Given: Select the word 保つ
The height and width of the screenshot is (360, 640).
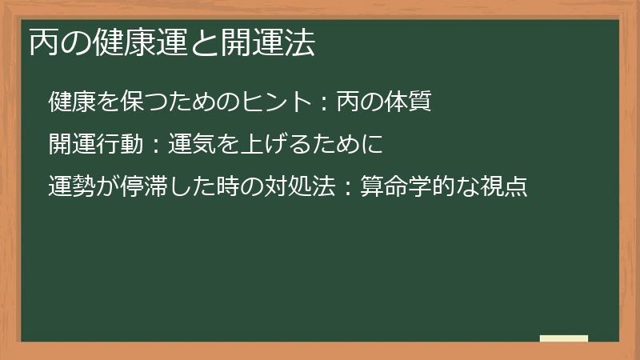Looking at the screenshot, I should [130, 102].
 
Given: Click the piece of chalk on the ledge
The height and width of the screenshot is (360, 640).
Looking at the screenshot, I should [564, 338].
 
